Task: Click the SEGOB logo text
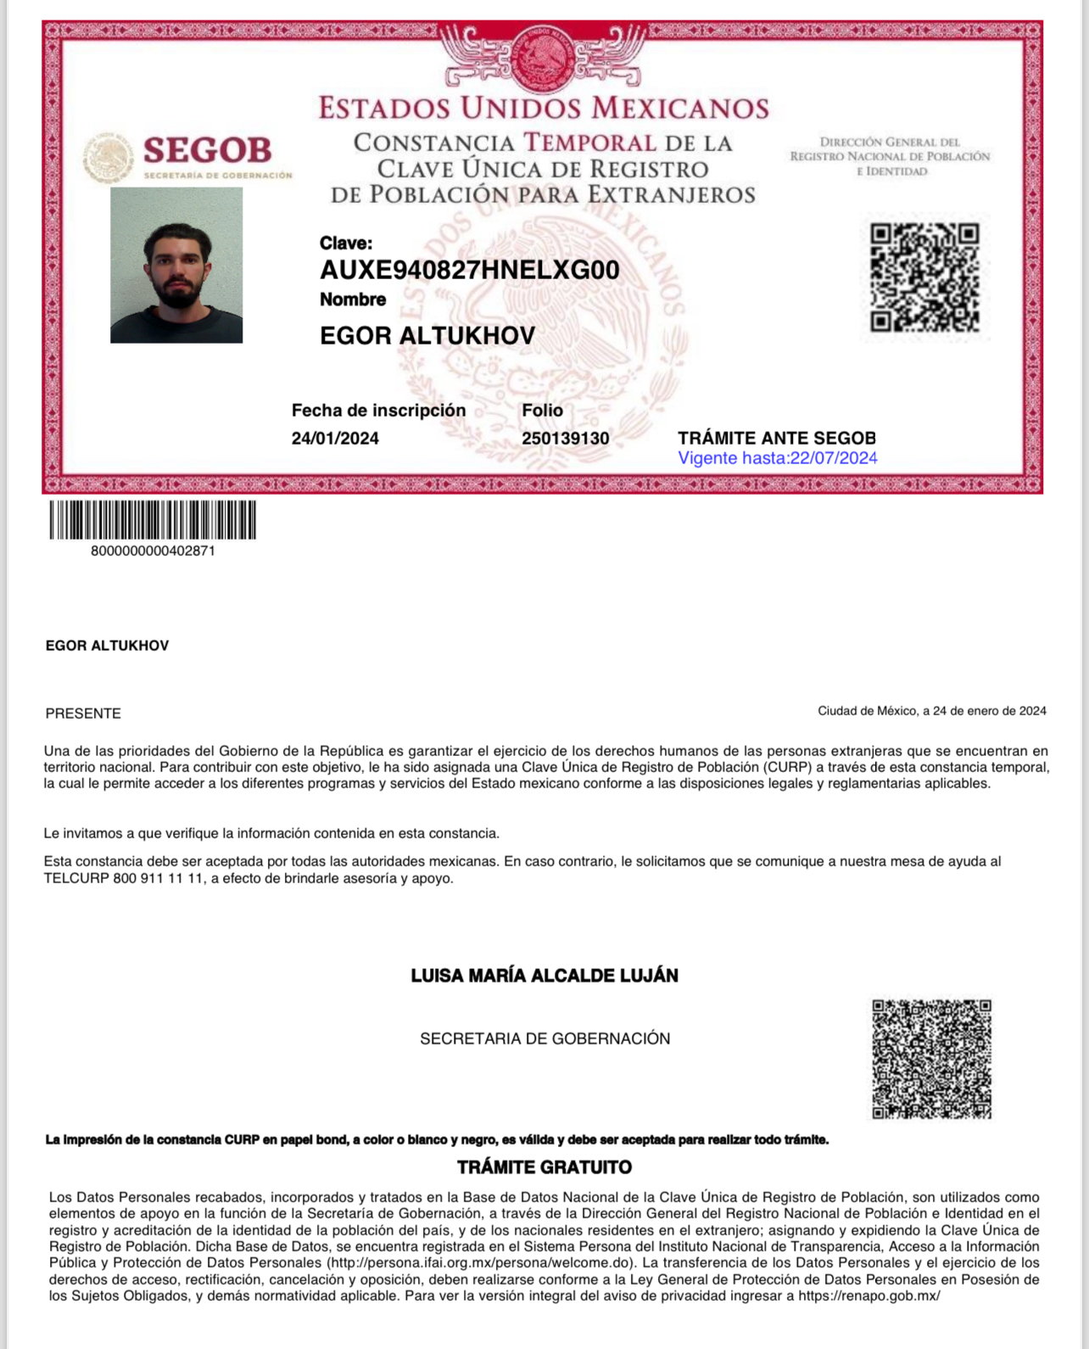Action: [207, 151]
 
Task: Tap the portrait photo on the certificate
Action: [176, 266]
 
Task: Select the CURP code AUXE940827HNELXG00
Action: [469, 270]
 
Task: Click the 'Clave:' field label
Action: [345, 243]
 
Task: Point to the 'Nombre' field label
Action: [353, 299]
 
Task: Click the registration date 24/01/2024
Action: [335, 439]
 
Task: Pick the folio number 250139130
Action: [565, 439]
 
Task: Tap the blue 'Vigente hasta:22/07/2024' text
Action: [777, 458]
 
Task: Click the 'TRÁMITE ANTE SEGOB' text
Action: [776, 438]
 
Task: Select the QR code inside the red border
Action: [924, 277]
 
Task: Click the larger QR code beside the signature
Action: [931, 1059]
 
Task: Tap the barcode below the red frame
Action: [153, 520]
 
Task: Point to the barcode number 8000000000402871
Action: [153, 551]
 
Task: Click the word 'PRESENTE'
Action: [83, 714]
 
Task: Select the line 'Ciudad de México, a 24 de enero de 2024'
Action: [931, 711]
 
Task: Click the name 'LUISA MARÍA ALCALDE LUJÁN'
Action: [544, 976]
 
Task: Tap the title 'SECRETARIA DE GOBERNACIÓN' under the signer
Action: [544, 1038]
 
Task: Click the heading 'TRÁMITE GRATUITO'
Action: [544, 1167]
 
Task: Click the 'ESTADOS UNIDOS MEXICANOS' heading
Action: [544, 109]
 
